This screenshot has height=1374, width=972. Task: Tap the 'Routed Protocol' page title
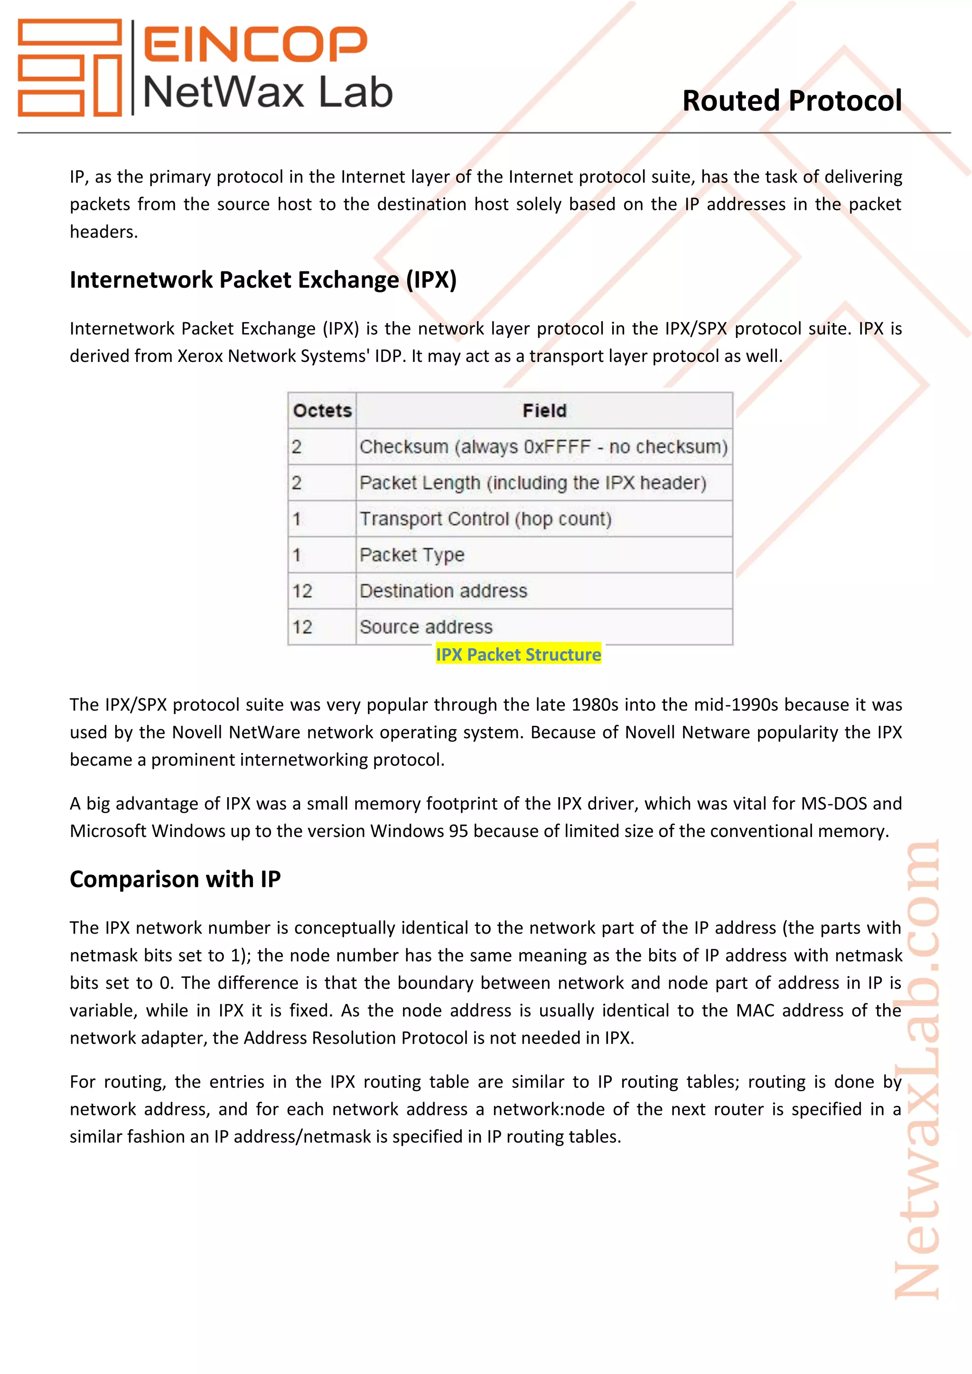[x=792, y=101]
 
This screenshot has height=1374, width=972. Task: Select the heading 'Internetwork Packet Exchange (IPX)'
[x=263, y=280]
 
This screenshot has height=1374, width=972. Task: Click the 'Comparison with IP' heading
[x=175, y=879]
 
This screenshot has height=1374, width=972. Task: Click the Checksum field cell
[x=543, y=447]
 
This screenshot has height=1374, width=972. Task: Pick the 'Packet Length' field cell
[x=533, y=483]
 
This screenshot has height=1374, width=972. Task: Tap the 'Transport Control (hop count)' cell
[x=486, y=519]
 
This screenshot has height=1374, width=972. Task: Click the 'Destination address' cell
[x=443, y=591]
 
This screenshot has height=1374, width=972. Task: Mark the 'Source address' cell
[x=426, y=627]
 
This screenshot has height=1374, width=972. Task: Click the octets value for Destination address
[x=302, y=591]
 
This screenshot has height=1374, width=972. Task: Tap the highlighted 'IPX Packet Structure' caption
[x=518, y=655]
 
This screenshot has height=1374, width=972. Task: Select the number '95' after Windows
[x=458, y=831]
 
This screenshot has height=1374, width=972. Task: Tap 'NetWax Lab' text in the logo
[x=268, y=93]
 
